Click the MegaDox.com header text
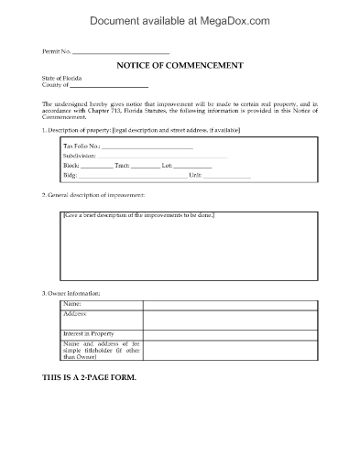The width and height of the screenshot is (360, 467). (x=180, y=18)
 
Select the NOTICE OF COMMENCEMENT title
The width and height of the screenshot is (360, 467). (x=179, y=66)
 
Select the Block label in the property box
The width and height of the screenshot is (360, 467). (x=71, y=166)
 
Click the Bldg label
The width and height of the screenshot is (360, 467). (x=69, y=175)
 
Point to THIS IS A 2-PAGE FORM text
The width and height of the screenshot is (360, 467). (x=96, y=378)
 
